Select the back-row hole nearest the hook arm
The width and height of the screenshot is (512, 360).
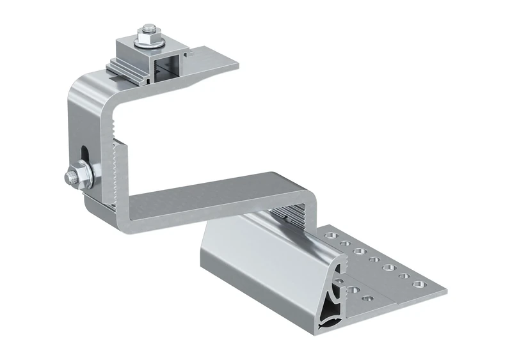tap(330, 236)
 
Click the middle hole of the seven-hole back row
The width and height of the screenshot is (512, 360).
tap(374, 258)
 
